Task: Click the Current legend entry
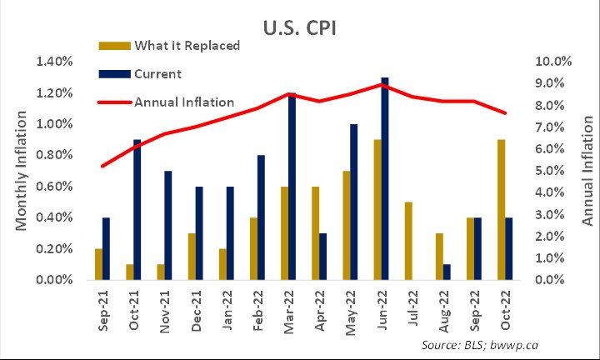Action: tap(157, 74)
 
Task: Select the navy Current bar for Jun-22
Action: tap(384, 179)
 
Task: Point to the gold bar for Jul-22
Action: tap(408, 241)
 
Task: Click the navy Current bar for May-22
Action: tap(353, 202)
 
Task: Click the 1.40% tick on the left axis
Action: tap(53, 62)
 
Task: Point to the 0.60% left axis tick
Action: tap(53, 187)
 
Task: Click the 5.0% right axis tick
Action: tap(552, 171)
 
